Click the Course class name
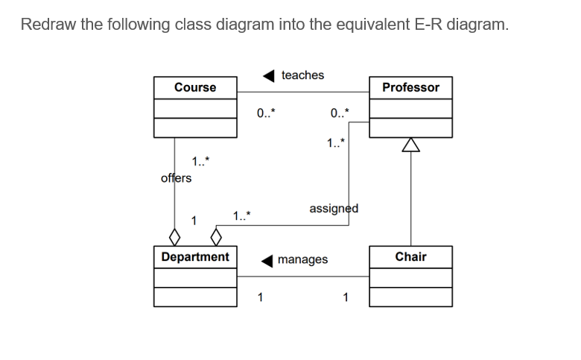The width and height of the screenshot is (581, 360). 195,87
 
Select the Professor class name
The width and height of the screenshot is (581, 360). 410,87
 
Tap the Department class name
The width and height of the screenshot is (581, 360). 195,256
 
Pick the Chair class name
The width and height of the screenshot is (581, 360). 410,256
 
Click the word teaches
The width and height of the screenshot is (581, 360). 302,75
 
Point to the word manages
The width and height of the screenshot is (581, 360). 302,259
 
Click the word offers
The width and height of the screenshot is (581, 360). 176,178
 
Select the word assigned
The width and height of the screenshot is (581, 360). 334,208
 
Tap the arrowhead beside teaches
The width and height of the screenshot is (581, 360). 270,75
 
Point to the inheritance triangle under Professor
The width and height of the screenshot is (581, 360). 410,145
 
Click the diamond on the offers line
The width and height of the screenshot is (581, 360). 174,238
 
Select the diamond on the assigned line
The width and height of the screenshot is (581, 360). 217,238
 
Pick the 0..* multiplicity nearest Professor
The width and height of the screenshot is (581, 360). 337,113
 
